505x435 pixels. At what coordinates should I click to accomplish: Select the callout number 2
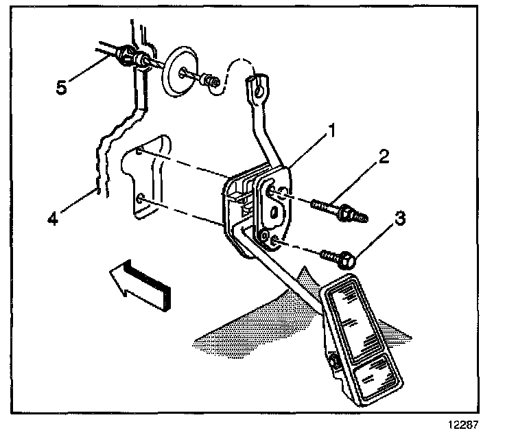pyautogui.click(x=383, y=156)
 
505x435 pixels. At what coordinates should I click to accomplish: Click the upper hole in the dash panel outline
pyautogui.click(x=139, y=154)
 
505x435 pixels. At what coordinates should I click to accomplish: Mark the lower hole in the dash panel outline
pyautogui.click(x=141, y=198)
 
